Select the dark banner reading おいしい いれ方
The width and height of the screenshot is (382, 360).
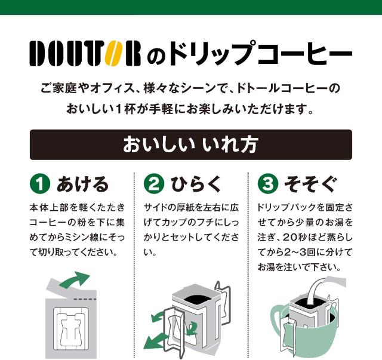click(x=190, y=145)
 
